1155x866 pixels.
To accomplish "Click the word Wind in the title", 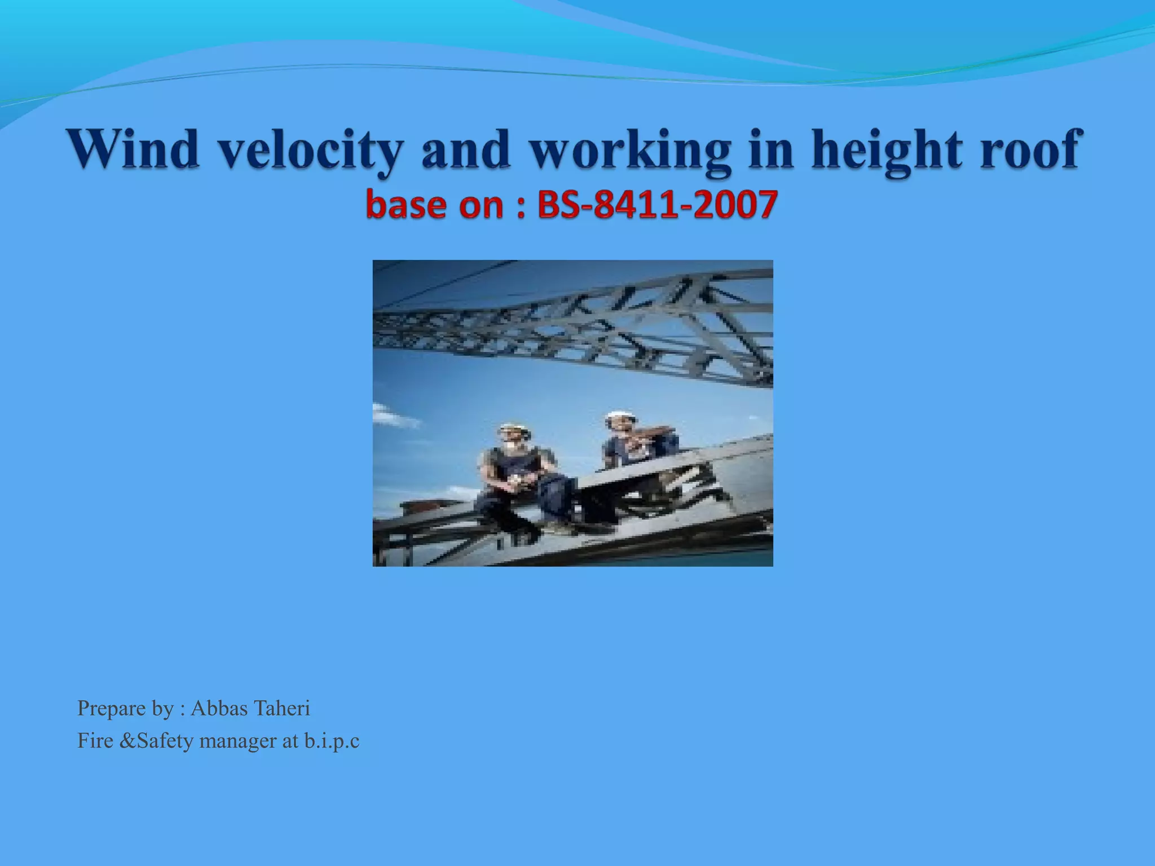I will point(134,148).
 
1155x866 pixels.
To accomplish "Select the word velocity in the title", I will point(311,149).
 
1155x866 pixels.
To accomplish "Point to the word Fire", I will point(95,740).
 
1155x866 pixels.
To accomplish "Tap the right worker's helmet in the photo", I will point(621,416).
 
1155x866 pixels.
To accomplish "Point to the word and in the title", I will point(466,149).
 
